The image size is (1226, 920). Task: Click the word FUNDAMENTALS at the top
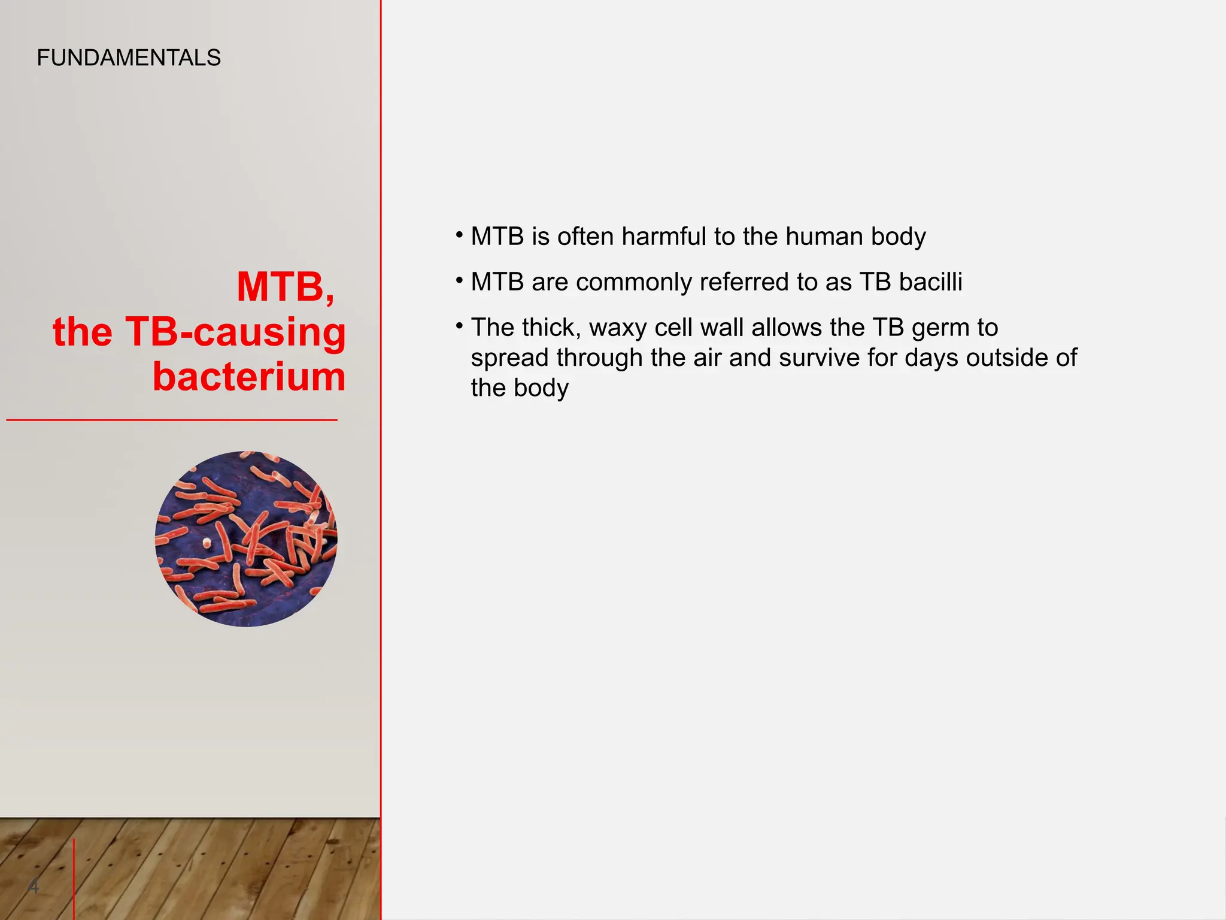point(129,58)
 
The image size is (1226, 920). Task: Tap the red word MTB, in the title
point(286,287)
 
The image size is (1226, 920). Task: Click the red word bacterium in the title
point(249,377)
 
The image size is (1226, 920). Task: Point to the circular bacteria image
point(246,539)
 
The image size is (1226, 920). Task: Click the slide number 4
point(34,885)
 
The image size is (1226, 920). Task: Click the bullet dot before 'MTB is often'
point(459,234)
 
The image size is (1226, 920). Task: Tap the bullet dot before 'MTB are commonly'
point(459,280)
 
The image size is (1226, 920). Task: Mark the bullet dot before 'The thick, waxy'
point(459,326)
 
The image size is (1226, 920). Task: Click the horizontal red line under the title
point(172,420)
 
